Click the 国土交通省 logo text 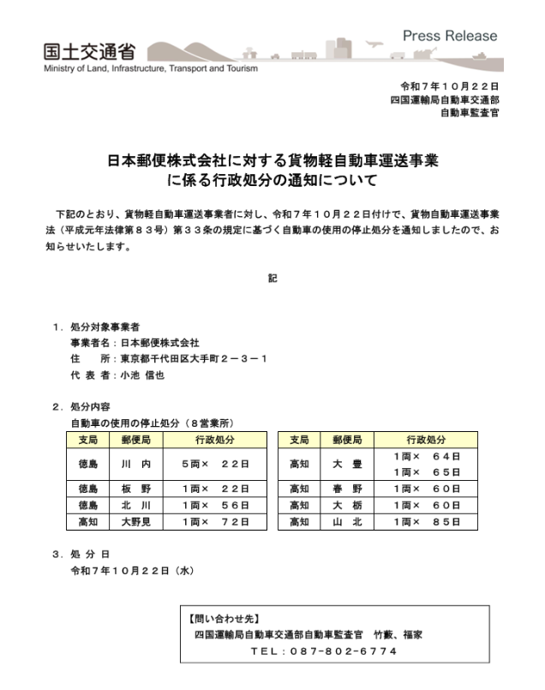pyautogui.click(x=85, y=50)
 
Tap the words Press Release pyautogui.click(x=449, y=36)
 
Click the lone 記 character pyautogui.click(x=272, y=278)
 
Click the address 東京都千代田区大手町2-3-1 pyautogui.click(x=193, y=358)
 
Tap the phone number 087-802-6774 pyautogui.click(x=324, y=652)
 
